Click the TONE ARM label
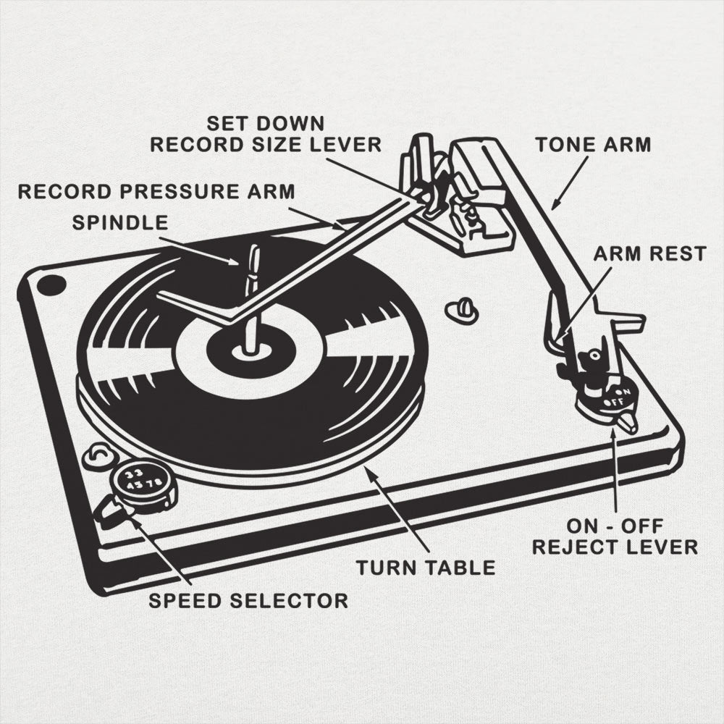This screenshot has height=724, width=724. point(593,144)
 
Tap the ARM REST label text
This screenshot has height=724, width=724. point(649,253)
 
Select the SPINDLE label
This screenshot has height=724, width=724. point(119,222)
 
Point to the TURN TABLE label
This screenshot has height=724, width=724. point(425,568)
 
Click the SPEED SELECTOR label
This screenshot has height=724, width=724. point(248,600)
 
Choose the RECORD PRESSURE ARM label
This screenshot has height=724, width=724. point(156,192)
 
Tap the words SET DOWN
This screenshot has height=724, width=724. point(265,122)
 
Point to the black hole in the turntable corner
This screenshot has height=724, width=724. point(51,285)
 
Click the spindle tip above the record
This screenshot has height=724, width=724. point(253,253)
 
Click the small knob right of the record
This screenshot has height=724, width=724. point(461,311)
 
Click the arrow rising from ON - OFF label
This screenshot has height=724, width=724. point(615,471)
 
